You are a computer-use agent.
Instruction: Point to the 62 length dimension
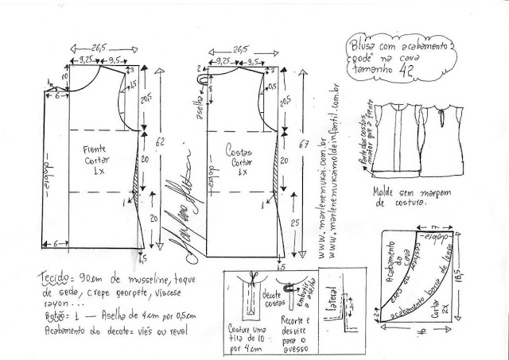point(161,143)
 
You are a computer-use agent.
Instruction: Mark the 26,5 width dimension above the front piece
point(99,46)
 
